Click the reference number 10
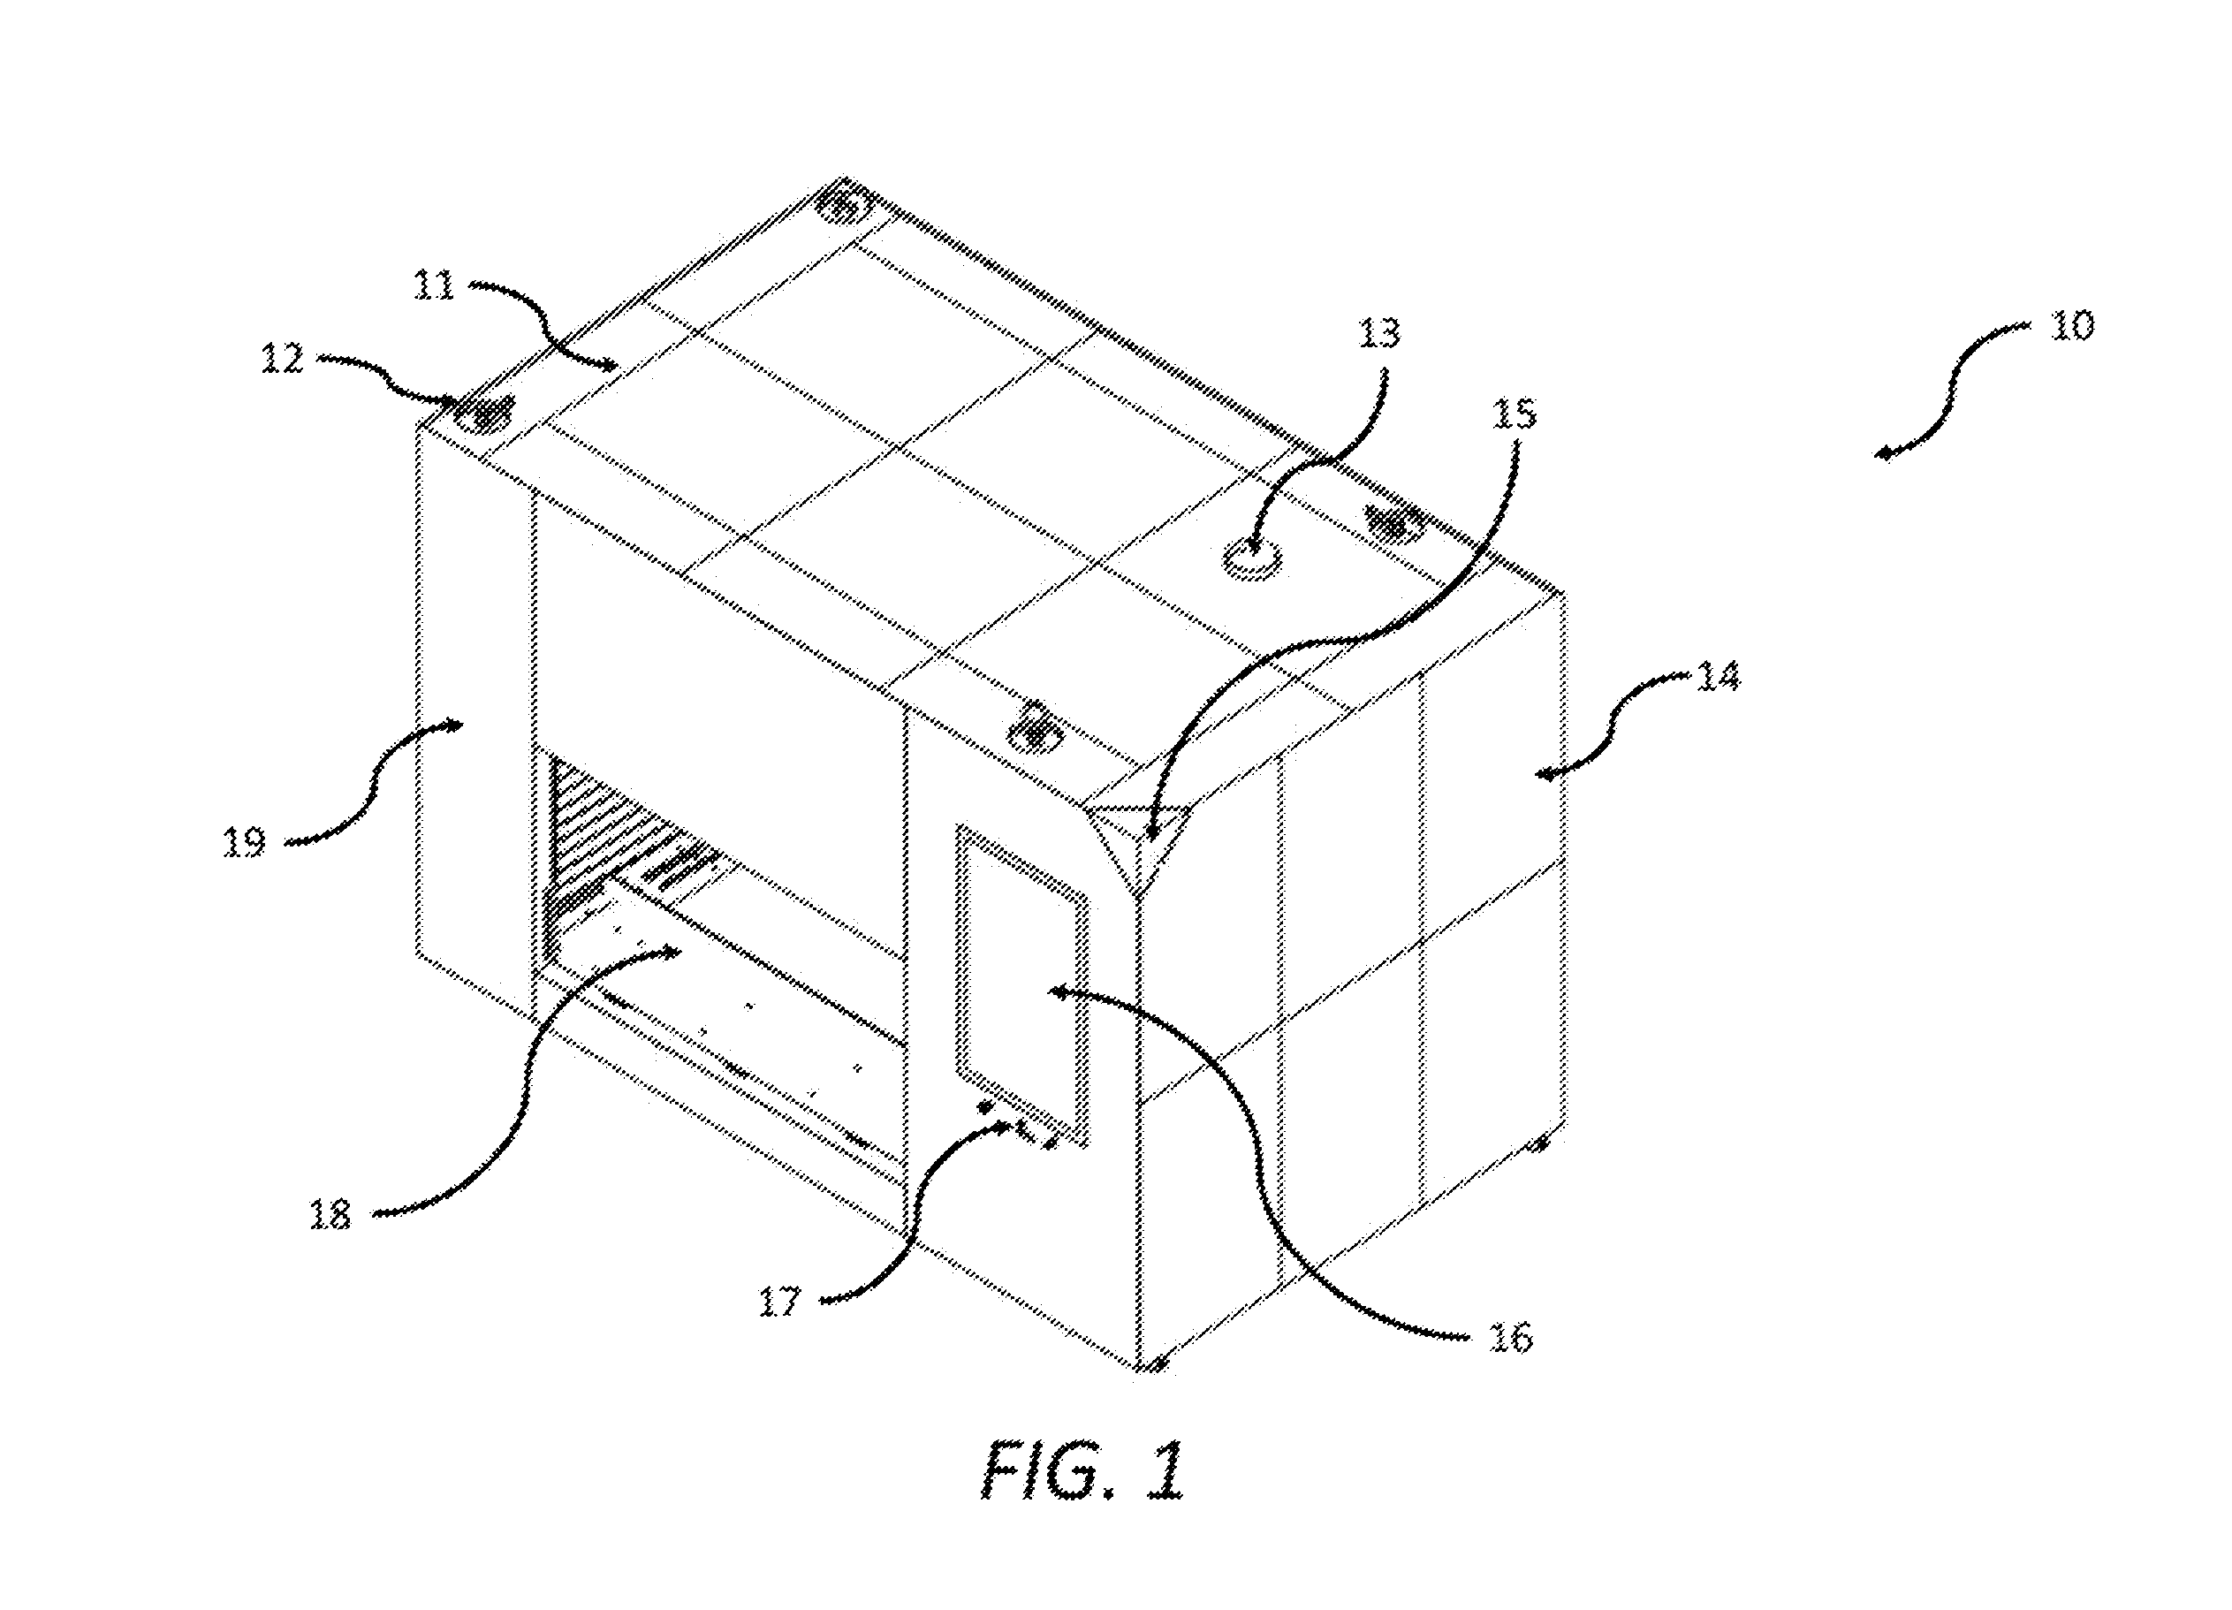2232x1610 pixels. click(2071, 325)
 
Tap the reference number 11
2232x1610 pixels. click(434, 285)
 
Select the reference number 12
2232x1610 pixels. click(283, 358)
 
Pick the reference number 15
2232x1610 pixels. click(1514, 414)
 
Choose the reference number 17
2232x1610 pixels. click(779, 1303)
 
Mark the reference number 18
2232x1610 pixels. click(330, 1214)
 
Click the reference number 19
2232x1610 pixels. click(244, 842)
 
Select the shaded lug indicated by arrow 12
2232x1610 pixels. click(484, 415)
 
